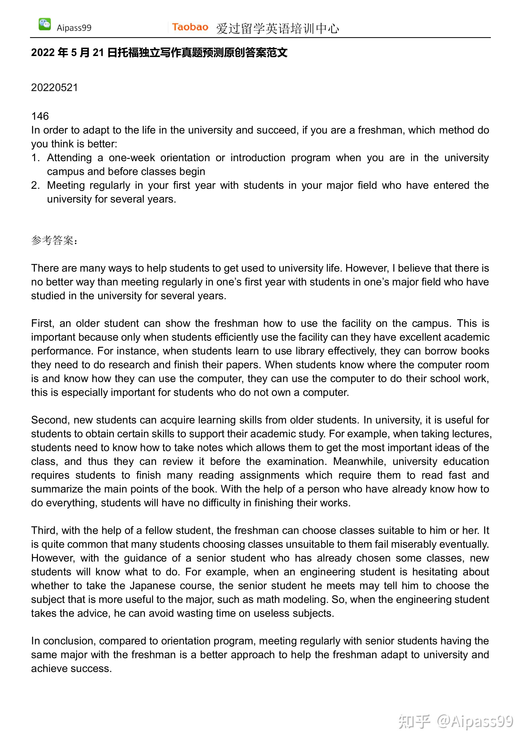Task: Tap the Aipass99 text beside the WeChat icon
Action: [74, 28]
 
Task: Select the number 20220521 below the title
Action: [54, 88]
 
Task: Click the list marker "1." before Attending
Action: [35, 158]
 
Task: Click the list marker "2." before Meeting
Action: [35, 185]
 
